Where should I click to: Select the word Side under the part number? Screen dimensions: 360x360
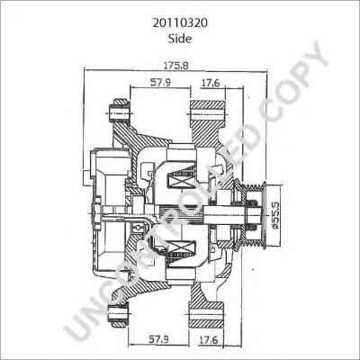point(179,31)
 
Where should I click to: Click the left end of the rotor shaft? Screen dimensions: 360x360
point(101,213)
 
